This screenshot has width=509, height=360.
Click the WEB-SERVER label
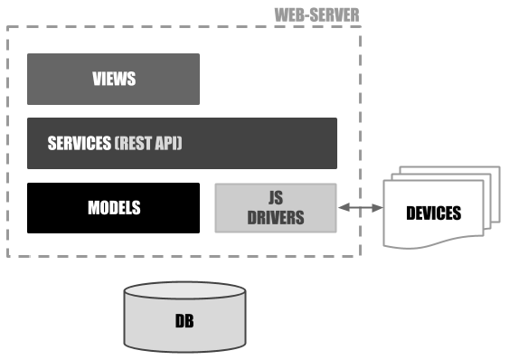pos(316,14)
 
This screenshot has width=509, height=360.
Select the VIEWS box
pos(113,79)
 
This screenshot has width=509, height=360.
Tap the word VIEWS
pos(113,79)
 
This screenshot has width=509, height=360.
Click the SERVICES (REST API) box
pos(182,143)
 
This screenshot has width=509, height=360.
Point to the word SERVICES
pos(79,143)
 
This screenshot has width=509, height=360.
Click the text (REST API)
pos(148,143)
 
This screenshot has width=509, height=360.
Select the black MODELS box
pos(113,208)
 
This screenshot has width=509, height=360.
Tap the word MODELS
pos(113,208)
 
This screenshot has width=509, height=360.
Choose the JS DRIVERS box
pos(275,208)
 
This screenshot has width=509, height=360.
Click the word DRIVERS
pos(275,218)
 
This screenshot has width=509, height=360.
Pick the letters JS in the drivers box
pos(275,199)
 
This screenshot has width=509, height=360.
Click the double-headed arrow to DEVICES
pos(359,209)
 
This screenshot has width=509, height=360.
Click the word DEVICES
pos(433,213)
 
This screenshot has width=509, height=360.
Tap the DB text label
pos(184,321)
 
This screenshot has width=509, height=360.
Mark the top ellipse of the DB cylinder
pos(184,292)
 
